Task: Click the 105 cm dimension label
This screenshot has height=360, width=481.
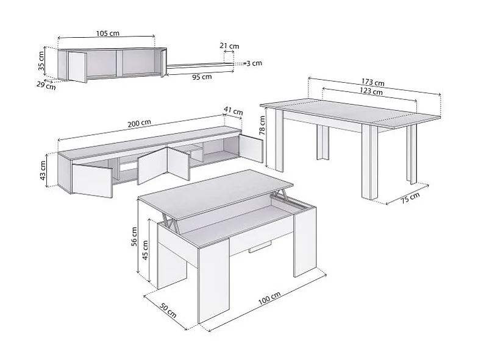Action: click(x=107, y=34)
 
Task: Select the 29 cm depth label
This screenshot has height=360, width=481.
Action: click(x=46, y=85)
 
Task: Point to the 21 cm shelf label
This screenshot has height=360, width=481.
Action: click(x=229, y=46)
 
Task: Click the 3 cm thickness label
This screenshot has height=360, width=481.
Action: click(x=254, y=63)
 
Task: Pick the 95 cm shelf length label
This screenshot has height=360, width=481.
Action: click(x=202, y=77)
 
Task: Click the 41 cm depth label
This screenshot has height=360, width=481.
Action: click(x=233, y=111)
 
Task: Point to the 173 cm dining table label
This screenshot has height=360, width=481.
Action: click(x=372, y=83)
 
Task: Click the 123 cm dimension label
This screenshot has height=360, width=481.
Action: click(x=371, y=92)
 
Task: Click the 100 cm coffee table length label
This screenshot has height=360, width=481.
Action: click(x=269, y=300)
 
